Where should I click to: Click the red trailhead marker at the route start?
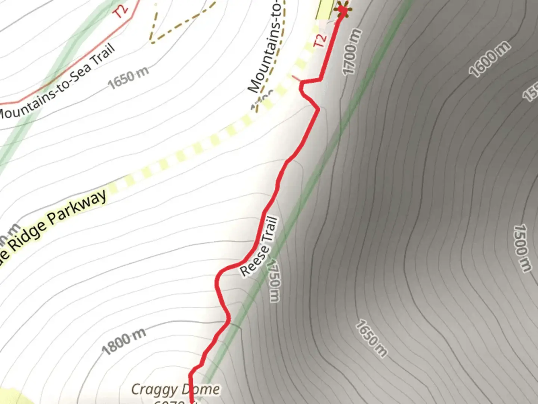tap(342, 10)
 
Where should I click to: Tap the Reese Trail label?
tap(259, 247)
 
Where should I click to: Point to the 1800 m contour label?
tap(124, 341)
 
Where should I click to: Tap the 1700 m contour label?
tap(351, 52)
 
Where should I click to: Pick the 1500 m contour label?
tap(522, 248)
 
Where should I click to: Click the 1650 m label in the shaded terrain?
tap(371, 338)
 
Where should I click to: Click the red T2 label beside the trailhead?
tap(320, 40)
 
